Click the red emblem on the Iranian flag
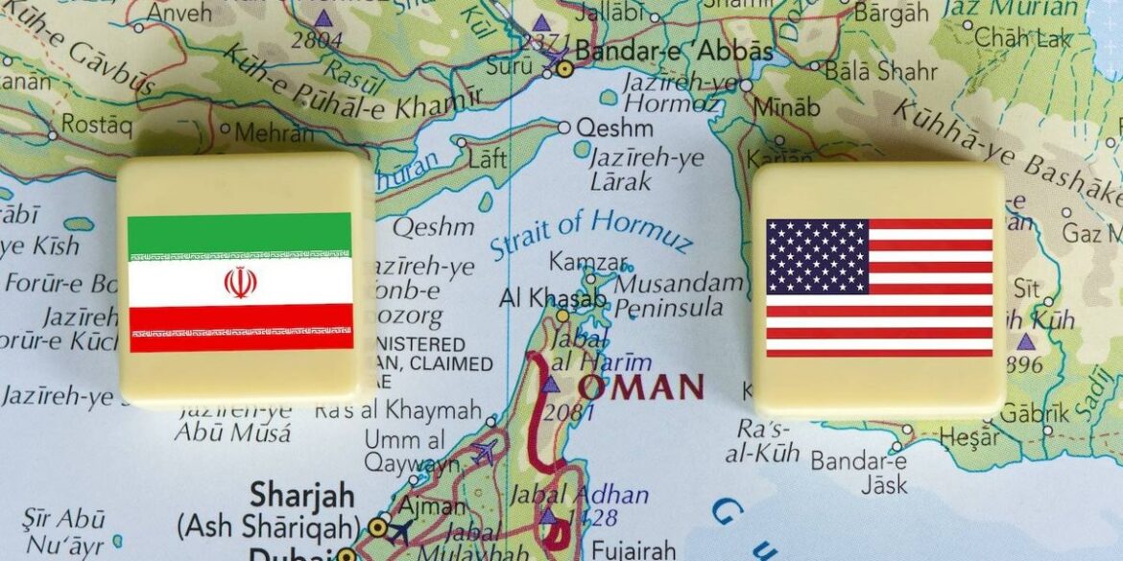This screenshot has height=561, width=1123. [240, 282]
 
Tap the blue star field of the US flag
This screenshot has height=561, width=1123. [817, 256]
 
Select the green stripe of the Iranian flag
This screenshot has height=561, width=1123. [240, 234]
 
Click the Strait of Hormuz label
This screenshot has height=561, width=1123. [590, 233]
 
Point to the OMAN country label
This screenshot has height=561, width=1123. [641, 387]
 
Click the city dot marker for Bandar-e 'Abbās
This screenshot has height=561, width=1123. [565, 68]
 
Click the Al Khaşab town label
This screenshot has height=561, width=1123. [552, 297]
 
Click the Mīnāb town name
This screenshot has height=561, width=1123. [787, 106]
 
